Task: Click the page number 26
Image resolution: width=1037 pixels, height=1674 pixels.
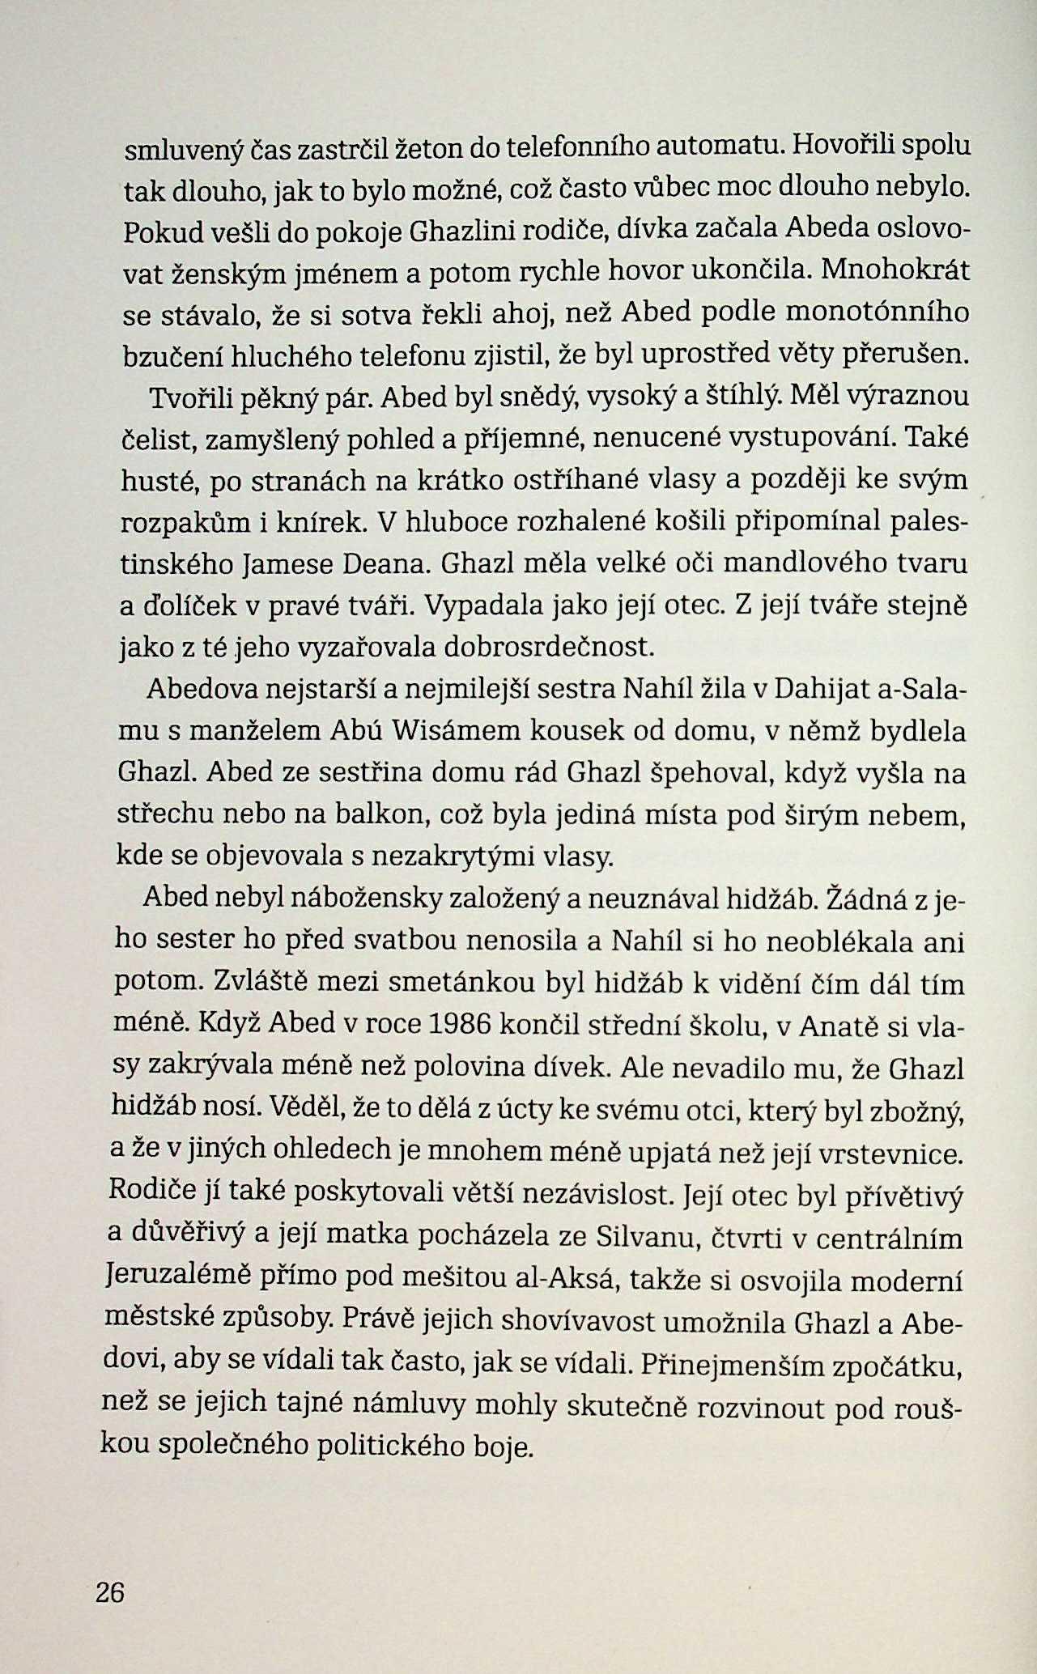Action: [109, 1592]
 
